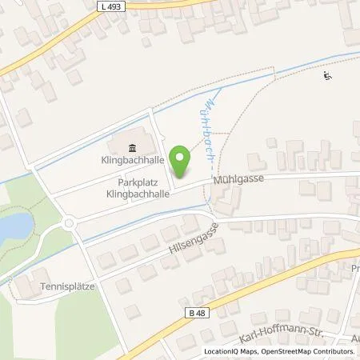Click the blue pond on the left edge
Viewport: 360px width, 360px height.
pos(9,229)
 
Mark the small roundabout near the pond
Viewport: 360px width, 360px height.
pos(69,223)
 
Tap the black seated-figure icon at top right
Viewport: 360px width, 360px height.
pos(326,77)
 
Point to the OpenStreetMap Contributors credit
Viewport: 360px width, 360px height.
pos(307,352)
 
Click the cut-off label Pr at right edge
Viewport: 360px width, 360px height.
pos(355,269)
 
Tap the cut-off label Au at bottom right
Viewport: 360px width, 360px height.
pos(354,338)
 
